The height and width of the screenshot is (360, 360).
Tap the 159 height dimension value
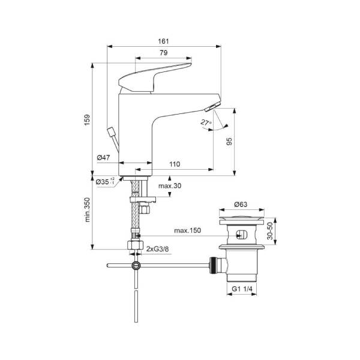pyautogui.click(x=86, y=119)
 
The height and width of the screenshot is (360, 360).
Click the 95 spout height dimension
pyautogui.click(x=229, y=142)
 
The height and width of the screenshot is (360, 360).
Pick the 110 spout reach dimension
pyautogui.click(x=175, y=164)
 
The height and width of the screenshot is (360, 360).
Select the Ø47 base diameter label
pyautogui.click(x=103, y=158)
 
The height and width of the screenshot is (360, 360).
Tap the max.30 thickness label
pyautogui.click(x=169, y=186)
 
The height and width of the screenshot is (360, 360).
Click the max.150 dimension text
pyautogui.click(x=187, y=230)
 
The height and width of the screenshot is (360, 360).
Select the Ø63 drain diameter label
pyautogui.click(x=241, y=204)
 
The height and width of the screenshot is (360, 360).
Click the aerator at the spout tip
pyautogui.click(x=212, y=107)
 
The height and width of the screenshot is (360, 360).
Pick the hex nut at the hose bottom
pyautogui.click(x=135, y=247)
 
